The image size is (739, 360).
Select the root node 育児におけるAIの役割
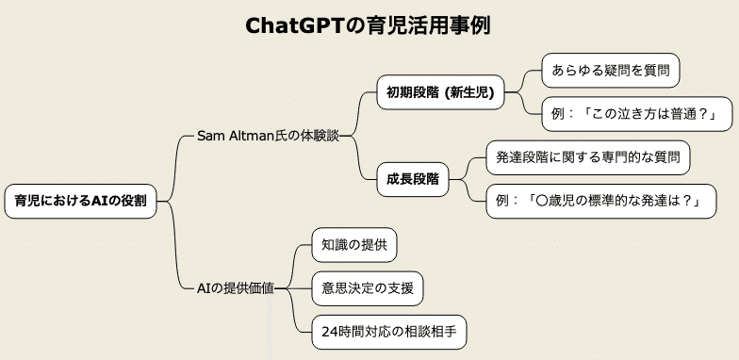pos(86,201)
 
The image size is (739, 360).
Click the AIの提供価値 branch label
pos(236,287)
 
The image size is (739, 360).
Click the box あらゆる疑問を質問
pos(610,71)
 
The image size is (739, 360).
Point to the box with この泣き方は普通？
pos(629,114)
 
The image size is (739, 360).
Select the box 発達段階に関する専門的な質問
pos(587,157)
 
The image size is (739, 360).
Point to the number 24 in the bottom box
pos(329,331)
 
